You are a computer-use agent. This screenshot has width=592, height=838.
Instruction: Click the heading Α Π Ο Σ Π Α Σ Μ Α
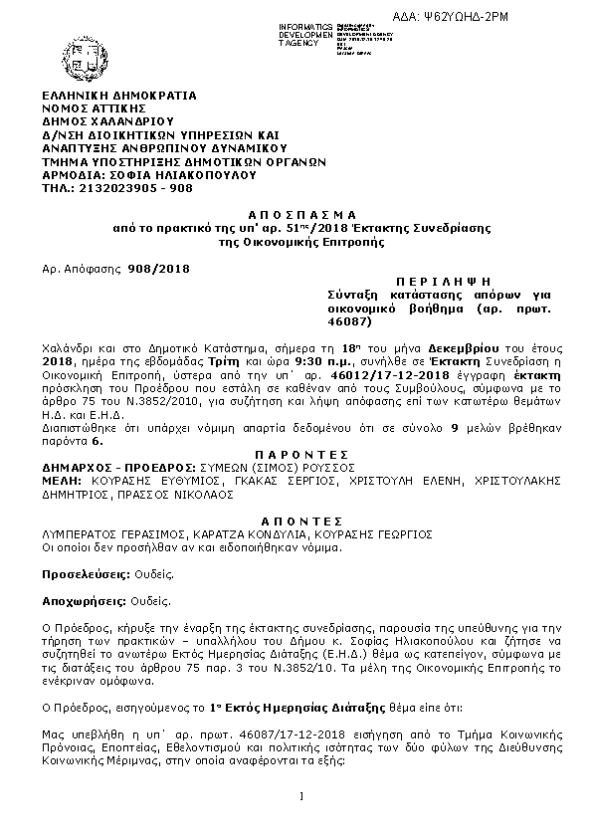(x=296, y=214)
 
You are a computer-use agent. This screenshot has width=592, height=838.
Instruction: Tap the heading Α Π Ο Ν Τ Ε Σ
(x=296, y=520)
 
